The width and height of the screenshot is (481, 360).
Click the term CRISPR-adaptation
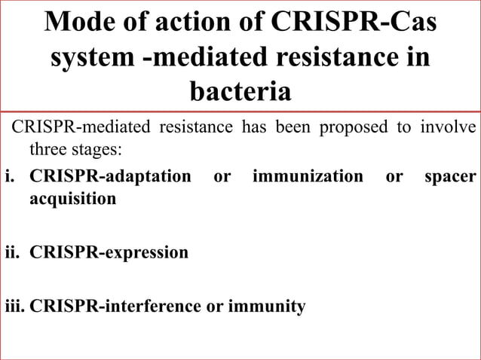click(x=110, y=176)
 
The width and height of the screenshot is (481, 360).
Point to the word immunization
click(x=308, y=176)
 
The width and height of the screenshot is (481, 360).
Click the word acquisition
click(x=72, y=199)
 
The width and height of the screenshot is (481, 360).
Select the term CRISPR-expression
click(x=109, y=252)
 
